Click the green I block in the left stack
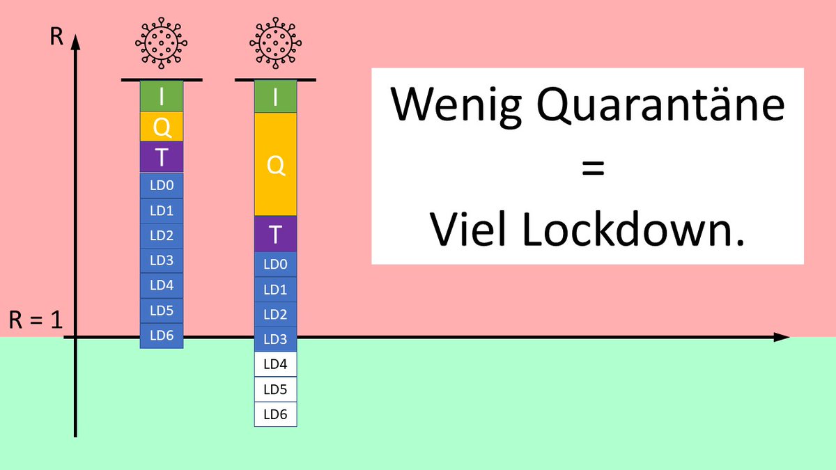(162, 96)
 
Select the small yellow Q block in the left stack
(162, 127)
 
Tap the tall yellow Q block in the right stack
(275, 164)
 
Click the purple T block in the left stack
(162, 157)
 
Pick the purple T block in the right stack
(275, 234)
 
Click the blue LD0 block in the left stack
(162, 185)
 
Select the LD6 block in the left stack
(162, 336)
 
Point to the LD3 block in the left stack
(162, 260)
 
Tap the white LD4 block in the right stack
(275, 364)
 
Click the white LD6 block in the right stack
(275, 414)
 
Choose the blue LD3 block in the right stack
(275, 338)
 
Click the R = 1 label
(36, 321)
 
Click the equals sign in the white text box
(587, 168)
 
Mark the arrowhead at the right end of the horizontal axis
(782, 338)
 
